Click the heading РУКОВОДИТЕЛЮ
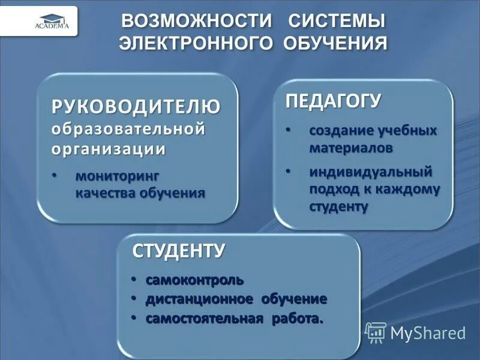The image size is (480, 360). click(x=136, y=106)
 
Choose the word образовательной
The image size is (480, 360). click(x=128, y=128)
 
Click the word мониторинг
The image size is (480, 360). click(x=118, y=177)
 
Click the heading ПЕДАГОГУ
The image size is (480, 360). click(x=332, y=100)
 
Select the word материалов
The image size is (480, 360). click(x=352, y=147)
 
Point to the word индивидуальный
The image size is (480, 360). click(x=371, y=172)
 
